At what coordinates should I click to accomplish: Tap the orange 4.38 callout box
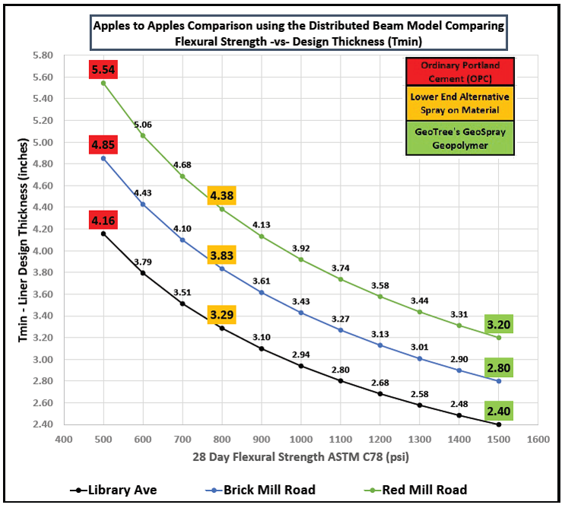[x=221, y=195]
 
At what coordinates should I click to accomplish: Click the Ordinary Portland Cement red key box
[x=459, y=71]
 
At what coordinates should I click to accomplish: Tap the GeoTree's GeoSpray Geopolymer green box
[x=459, y=138]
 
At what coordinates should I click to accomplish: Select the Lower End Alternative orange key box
[x=459, y=104]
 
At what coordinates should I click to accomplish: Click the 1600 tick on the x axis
[x=538, y=440]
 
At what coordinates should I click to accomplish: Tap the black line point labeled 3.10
[x=262, y=348]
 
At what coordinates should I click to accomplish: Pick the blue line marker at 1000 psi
[x=301, y=313]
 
